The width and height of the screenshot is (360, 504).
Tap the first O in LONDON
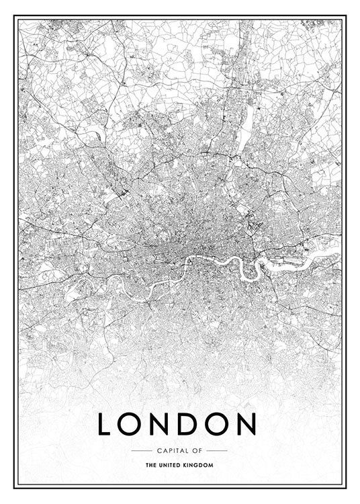click(x=134, y=424)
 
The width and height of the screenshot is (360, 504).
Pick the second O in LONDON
click(x=222, y=424)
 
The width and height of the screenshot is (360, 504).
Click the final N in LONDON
click(x=248, y=424)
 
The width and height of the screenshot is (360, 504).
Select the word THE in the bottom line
click(x=150, y=464)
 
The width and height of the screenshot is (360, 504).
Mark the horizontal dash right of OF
click(x=216, y=450)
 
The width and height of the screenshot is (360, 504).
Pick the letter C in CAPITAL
click(x=157, y=450)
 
